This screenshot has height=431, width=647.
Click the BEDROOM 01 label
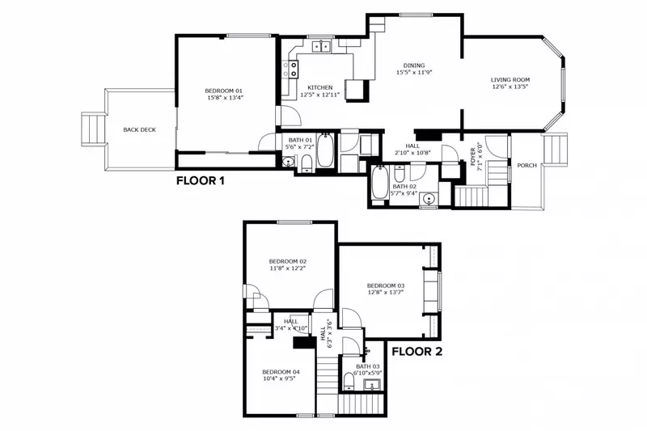[224, 90]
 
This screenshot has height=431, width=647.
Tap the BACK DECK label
[139, 129]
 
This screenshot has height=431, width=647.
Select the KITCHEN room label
[320, 87]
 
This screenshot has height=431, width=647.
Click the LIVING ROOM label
[510, 79]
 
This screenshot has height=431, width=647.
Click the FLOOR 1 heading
[200, 181]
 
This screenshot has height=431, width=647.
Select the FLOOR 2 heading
[417, 352]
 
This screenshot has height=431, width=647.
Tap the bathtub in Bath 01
[324, 151]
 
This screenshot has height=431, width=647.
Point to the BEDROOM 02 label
[287, 260]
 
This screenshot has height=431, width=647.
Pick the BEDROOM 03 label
[385, 285]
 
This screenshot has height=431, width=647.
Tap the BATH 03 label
[367, 366]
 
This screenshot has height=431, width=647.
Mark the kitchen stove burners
[289, 70]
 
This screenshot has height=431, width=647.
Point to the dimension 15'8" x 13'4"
[224, 97]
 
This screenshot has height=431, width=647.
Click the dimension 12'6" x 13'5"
[510, 87]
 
